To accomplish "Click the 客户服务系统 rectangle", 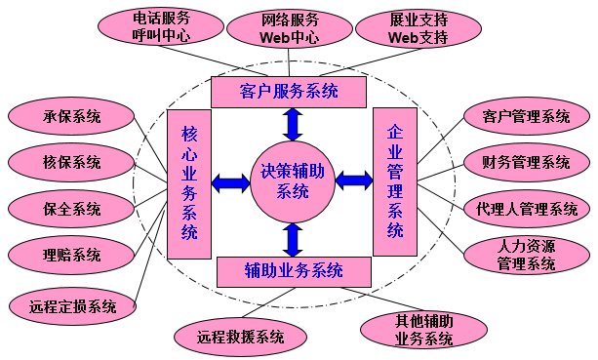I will [289, 93].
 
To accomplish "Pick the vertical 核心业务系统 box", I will [189, 182].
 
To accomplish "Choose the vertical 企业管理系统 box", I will [395, 181].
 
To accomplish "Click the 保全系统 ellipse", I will [71, 209].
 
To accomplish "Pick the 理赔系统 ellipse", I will [71, 255].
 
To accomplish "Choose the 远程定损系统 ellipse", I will [71, 305].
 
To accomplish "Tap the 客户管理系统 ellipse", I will [526, 117].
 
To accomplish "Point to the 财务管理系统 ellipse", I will [526, 162].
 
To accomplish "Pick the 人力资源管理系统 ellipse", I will [526, 255].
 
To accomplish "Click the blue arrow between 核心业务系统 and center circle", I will [231, 181].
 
